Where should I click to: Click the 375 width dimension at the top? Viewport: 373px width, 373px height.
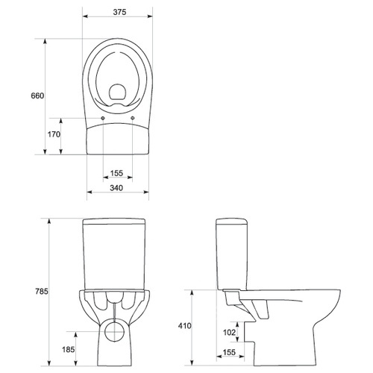pos(119,12)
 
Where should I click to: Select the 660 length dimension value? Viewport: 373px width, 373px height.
pos(37,95)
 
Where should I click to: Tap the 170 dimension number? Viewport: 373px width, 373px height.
pos(54,134)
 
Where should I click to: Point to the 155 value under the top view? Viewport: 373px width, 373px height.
pos(116,173)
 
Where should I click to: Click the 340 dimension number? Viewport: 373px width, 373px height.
pos(116,188)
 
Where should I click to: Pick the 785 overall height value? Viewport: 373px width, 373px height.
pos(42,291)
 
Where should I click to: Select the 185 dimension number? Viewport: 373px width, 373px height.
pos(68,350)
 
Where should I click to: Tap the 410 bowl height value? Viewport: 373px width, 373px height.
pos(185,326)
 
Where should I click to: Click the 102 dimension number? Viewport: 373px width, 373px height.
pos(229,332)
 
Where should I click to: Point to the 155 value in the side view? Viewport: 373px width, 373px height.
pos(229,352)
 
